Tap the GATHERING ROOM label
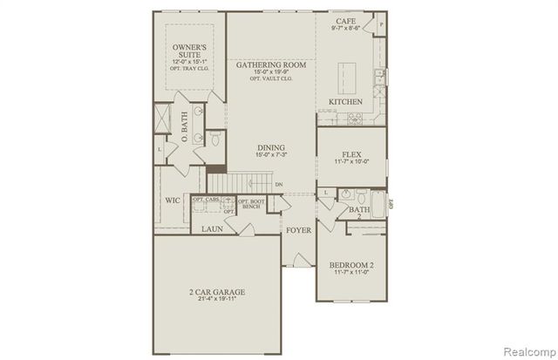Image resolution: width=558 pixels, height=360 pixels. point(270,65)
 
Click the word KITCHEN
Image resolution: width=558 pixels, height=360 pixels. point(345,102)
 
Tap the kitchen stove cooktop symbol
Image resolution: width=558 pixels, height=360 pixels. point(355,119)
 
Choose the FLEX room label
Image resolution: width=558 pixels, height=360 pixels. point(350,153)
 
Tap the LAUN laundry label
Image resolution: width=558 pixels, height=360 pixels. point(214,229)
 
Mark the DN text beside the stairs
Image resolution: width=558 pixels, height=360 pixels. point(279,185)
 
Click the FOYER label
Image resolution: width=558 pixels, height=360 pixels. point(298,231)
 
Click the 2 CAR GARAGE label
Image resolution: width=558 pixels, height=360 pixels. point(216,292)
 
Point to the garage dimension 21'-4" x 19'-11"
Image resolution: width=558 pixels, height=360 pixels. point(216,301)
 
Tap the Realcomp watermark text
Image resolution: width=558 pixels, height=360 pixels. point(526,350)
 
